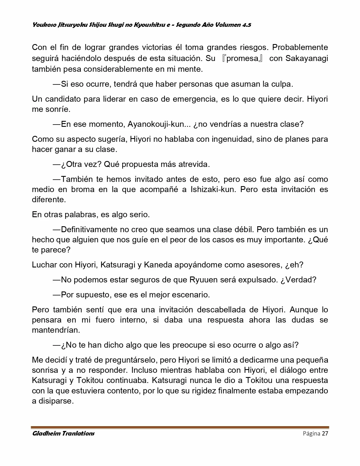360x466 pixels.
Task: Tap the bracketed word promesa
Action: [243, 58]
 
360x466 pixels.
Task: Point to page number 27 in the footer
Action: [325, 434]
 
